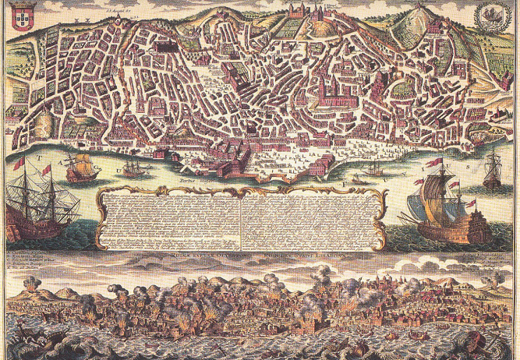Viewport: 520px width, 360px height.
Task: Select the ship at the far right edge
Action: [493, 171]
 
